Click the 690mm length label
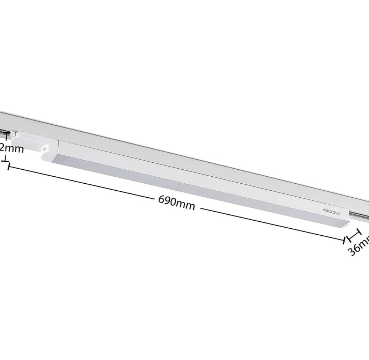(176, 202)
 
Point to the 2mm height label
(12, 149)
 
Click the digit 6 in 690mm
(162, 200)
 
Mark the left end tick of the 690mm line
(7, 166)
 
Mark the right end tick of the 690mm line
(345, 240)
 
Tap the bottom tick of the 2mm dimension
(5, 160)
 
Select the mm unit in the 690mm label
(186, 205)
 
